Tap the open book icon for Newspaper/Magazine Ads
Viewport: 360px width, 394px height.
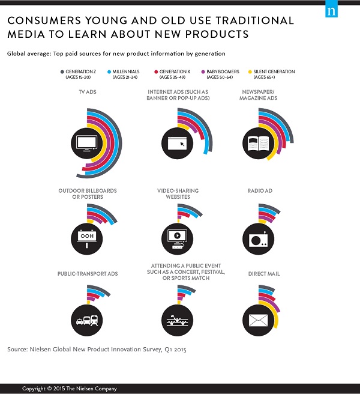click(x=258, y=144)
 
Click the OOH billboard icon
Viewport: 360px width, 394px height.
click(x=86, y=235)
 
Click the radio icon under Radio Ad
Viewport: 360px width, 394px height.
click(x=258, y=235)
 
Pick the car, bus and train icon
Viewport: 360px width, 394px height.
click(x=86, y=318)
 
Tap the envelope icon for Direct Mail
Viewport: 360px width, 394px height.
click(x=258, y=318)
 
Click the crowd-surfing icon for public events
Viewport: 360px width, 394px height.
click(x=179, y=318)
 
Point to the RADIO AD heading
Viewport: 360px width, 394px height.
click(x=260, y=191)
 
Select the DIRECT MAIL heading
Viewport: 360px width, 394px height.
click(x=264, y=274)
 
